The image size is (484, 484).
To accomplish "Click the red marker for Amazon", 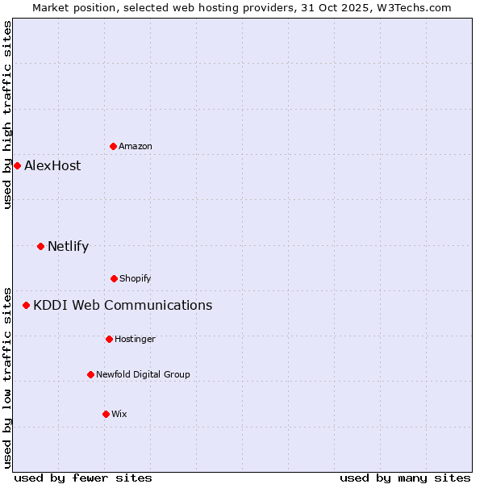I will [113, 146].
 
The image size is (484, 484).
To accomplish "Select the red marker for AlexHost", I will [17, 165].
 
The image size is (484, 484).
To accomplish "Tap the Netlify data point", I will [40, 246].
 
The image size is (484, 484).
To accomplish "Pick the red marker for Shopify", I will [114, 278].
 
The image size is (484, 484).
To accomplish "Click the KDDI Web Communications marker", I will [26, 305].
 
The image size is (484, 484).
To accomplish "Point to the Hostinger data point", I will [109, 339].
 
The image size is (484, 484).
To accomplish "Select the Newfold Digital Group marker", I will [90, 374].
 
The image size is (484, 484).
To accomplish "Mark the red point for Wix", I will [106, 414].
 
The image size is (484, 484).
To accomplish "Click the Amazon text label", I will [136, 147].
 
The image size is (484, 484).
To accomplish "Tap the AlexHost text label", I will [52, 166].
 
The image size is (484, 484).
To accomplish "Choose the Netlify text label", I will [68, 247].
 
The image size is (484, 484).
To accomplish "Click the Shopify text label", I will [136, 279].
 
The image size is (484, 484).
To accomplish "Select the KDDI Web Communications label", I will [123, 306].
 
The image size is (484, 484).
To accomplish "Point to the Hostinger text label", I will [135, 340].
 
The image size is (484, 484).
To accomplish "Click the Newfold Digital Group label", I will [143, 375].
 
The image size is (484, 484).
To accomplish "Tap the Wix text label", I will [119, 415].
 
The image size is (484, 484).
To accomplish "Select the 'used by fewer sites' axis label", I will [83, 478].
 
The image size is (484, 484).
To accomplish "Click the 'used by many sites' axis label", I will [405, 478].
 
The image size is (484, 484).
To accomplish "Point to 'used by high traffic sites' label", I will [7, 115].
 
